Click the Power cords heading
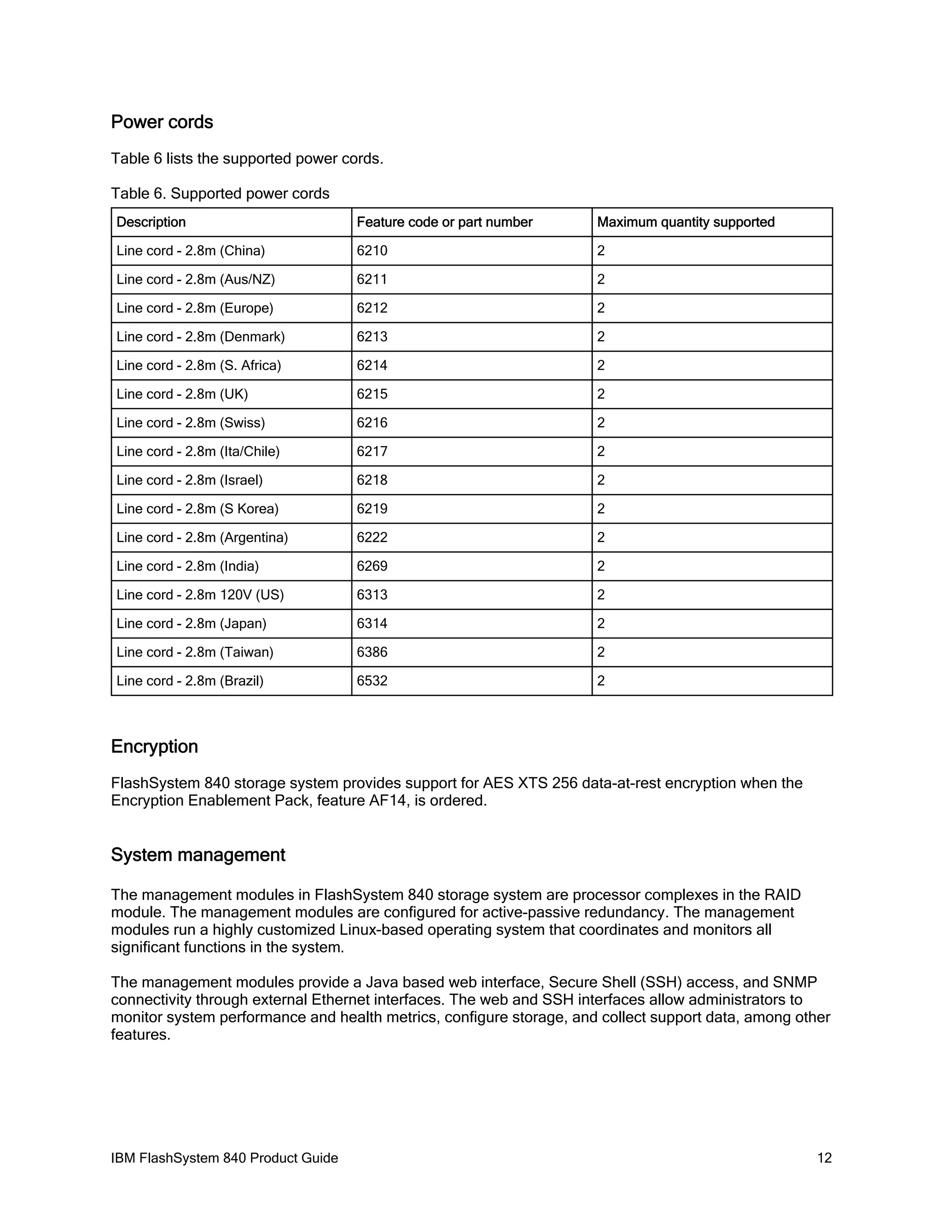tap(162, 123)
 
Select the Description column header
tap(151, 222)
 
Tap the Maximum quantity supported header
tap(686, 222)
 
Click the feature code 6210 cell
tap(372, 251)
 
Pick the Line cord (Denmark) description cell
tap(201, 336)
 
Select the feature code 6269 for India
tap(372, 566)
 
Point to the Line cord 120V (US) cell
tap(200, 595)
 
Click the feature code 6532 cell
tap(372, 681)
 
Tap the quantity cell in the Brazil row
tap(601, 681)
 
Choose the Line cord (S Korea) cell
tap(197, 509)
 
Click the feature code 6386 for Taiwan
tap(372, 652)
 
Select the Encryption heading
tap(154, 747)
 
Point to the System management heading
tap(198, 855)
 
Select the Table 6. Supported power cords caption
tap(220, 194)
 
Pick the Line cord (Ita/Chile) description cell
tap(198, 451)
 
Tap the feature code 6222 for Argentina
tap(372, 537)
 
